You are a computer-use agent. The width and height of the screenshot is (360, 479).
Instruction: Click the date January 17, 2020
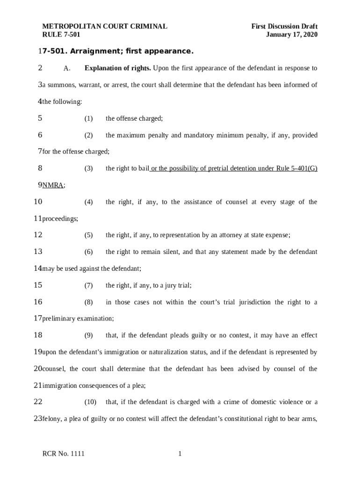[x=292, y=35]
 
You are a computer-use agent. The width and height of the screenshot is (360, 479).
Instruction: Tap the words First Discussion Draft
[x=284, y=27]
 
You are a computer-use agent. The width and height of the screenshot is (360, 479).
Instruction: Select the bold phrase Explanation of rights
[x=117, y=68]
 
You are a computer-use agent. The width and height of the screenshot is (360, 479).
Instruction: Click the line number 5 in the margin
[x=40, y=118]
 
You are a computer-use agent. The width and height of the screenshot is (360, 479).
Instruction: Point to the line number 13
[x=38, y=252]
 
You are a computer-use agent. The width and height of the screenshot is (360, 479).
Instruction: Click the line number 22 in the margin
[x=38, y=402]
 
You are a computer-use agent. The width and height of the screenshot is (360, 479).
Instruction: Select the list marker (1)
[x=88, y=119]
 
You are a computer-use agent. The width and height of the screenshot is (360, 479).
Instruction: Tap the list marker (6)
[x=88, y=252]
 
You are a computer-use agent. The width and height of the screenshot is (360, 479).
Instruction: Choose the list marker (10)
[x=90, y=402]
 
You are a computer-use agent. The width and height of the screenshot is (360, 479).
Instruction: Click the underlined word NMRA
[x=53, y=185]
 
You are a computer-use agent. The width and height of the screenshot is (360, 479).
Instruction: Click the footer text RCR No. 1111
[x=64, y=454]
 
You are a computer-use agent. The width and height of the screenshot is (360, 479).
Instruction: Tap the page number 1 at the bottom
[x=180, y=454]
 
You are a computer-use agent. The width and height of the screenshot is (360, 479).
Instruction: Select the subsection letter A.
[x=66, y=69]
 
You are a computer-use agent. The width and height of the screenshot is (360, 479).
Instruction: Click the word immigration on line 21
[x=60, y=385]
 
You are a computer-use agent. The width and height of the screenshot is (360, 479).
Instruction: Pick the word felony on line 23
[x=51, y=419]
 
